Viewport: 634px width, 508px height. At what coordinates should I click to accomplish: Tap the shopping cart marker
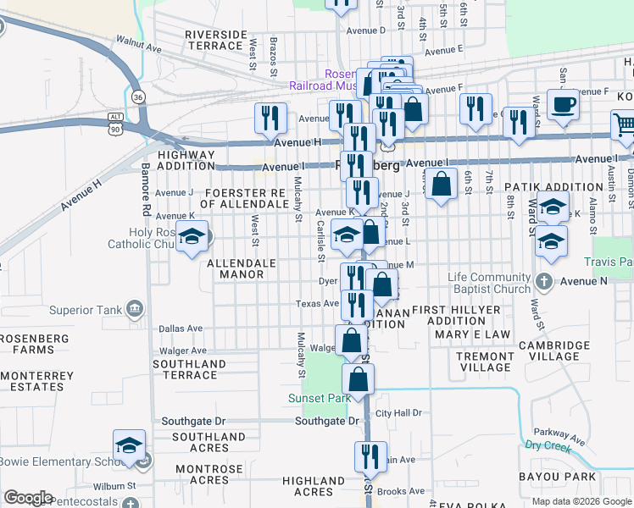click(x=624, y=125)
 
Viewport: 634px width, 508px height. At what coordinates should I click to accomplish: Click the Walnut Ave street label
click(x=138, y=44)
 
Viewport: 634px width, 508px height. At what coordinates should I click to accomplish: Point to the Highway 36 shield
click(x=138, y=97)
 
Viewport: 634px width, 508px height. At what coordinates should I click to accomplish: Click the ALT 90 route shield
click(x=116, y=122)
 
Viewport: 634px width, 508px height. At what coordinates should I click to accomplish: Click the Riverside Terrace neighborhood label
click(x=216, y=40)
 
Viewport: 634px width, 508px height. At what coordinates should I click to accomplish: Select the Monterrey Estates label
click(x=32, y=380)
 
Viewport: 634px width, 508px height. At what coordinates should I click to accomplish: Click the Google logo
click(x=27, y=498)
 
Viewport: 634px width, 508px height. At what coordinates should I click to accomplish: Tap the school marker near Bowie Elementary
click(x=129, y=445)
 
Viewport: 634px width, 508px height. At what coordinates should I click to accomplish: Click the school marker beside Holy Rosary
click(x=192, y=238)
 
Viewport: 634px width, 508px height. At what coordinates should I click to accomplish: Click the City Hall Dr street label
click(x=398, y=413)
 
